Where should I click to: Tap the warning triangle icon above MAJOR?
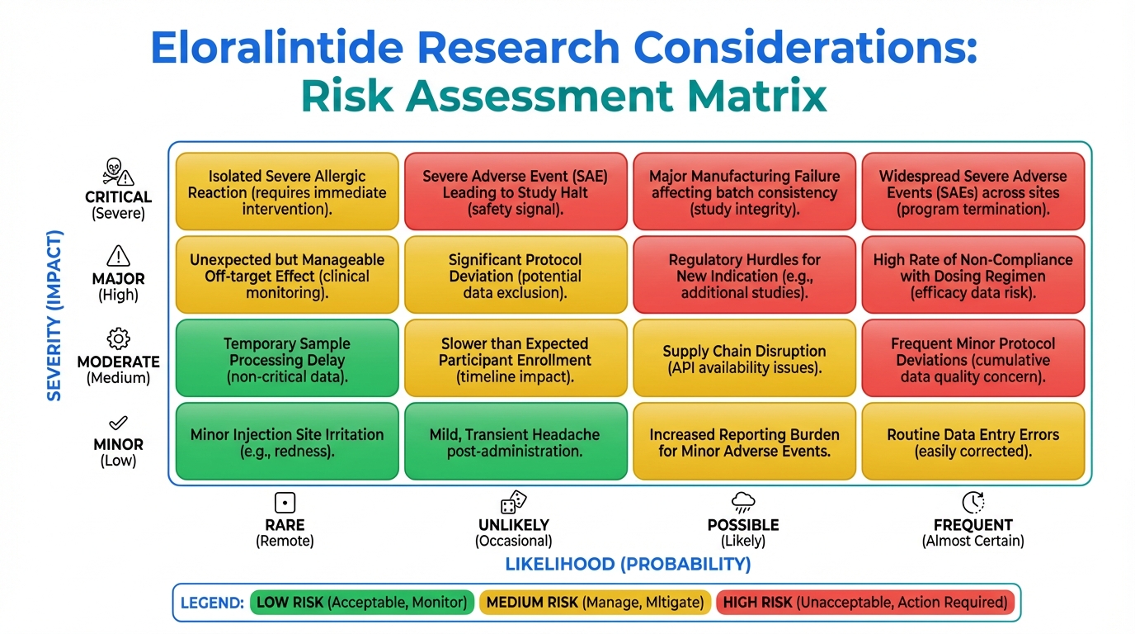(x=118, y=256)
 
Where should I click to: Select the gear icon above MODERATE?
(x=118, y=338)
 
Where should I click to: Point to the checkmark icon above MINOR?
(x=118, y=423)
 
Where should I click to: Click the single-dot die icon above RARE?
(x=285, y=503)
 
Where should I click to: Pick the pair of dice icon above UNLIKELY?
(x=513, y=502)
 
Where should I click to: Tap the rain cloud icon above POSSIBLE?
(x=743, y=502)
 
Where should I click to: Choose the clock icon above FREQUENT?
(x=973, y=502)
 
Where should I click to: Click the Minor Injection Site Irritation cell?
(x=287, y=442)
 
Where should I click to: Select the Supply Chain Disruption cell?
(x=744, y=358)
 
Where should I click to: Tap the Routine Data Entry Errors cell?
(x=973, y=442)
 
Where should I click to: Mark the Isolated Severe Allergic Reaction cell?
(x=287, y=192)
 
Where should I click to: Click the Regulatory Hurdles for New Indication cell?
(x=744, y=274)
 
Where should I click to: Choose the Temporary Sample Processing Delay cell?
(x=287, y=358)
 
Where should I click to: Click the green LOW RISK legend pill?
(x=362, y=603)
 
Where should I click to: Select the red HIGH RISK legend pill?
(x=865, y=603)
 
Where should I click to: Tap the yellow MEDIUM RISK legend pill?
(x=595, y=603)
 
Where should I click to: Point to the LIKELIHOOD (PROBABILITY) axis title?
(x=628, y=564)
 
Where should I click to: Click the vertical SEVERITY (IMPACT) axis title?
(x=54, y=315)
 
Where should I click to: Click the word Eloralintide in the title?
(x=277, y=47)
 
